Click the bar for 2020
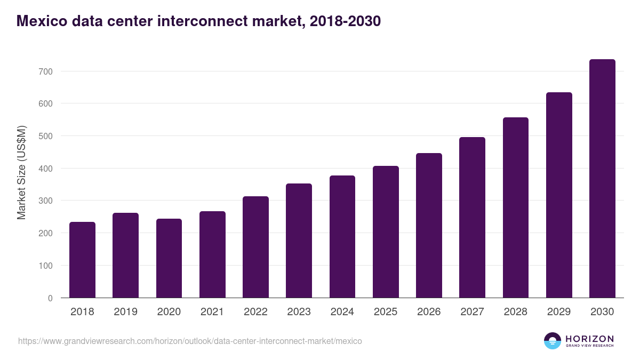169,258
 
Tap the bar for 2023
299,241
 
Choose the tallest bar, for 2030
602,178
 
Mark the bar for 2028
515,207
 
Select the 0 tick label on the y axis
50,298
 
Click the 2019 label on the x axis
125,312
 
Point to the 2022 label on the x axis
255,312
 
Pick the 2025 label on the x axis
386,312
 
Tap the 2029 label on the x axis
559,312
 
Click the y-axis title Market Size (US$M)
21,173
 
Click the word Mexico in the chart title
41,21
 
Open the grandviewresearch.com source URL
190,341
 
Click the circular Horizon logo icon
553,341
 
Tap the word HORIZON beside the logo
589,339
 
